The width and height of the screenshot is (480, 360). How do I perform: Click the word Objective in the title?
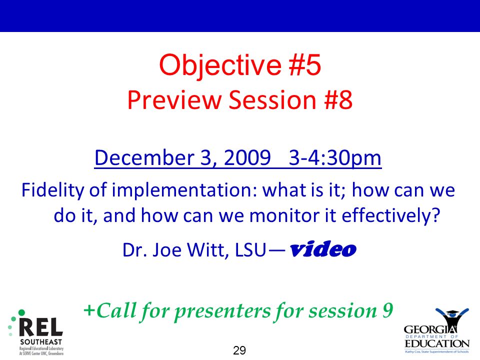pyautogui.click(x=220, y=65)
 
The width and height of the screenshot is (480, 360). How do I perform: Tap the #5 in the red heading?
pyautogui.click(x=305, y=64)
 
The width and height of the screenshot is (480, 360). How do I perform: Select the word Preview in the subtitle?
pyautogui.click(x=174, y=100)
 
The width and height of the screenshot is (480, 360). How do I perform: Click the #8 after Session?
pyautogui.click(x=338, y=100)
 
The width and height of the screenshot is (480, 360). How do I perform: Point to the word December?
pyautogui.click(x=144, y=158)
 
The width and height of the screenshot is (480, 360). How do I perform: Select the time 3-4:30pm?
pyautogui.click(x=335, y=158)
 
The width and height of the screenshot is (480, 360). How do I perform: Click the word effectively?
pyautogui.click(x=390, y=215)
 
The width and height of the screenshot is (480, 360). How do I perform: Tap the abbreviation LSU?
pyautogui.click(x=250, y=250)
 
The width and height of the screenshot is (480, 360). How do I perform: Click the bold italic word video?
pyautogui.click(x=323, y=249)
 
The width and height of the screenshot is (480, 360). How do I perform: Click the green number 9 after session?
pyautogui.click(x=387, y=310)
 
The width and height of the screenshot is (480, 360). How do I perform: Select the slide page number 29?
pyautogui.click(x=239, y=350)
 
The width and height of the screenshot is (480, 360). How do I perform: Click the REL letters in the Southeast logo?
pyautogui.click(x=41, y=327)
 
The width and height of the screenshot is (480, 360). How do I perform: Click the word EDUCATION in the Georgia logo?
pyautogui.click(x=437, y=343)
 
